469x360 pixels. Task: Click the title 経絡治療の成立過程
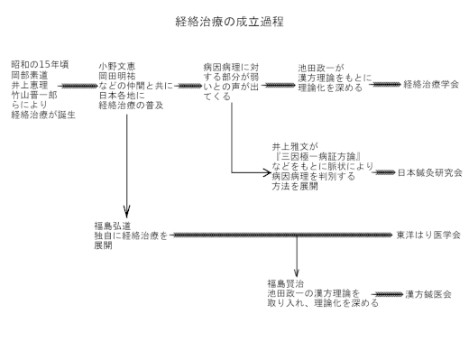(234, 20)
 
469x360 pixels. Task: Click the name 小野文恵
(119, 66)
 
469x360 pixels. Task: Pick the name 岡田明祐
(119, 76)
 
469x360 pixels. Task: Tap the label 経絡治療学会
(431, 83)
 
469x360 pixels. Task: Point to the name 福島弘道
(113, 225)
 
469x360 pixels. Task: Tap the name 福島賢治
(287, 283)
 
